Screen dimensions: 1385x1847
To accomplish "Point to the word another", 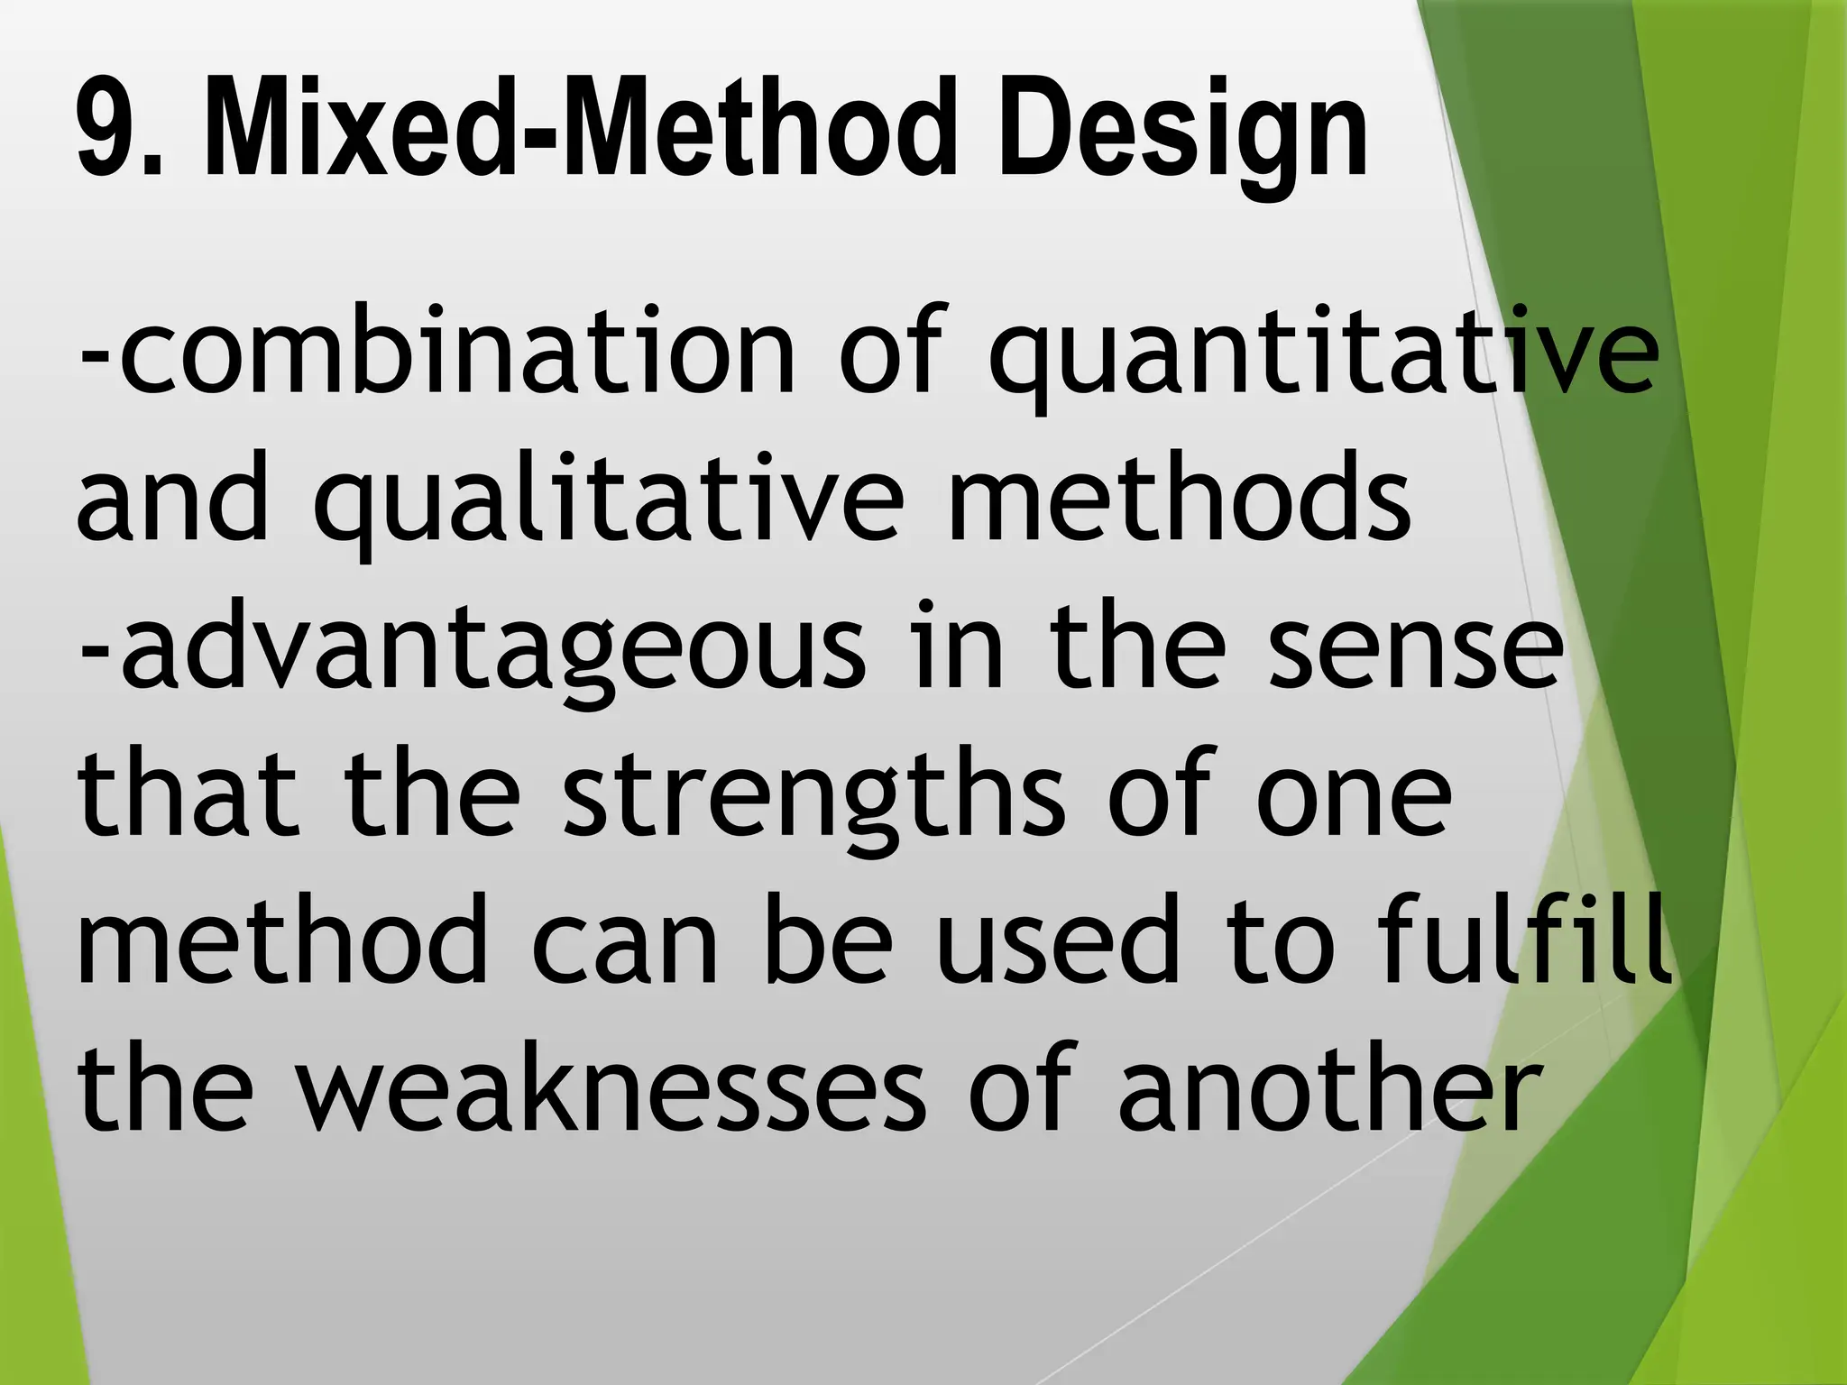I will (x=1326, y=1091).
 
